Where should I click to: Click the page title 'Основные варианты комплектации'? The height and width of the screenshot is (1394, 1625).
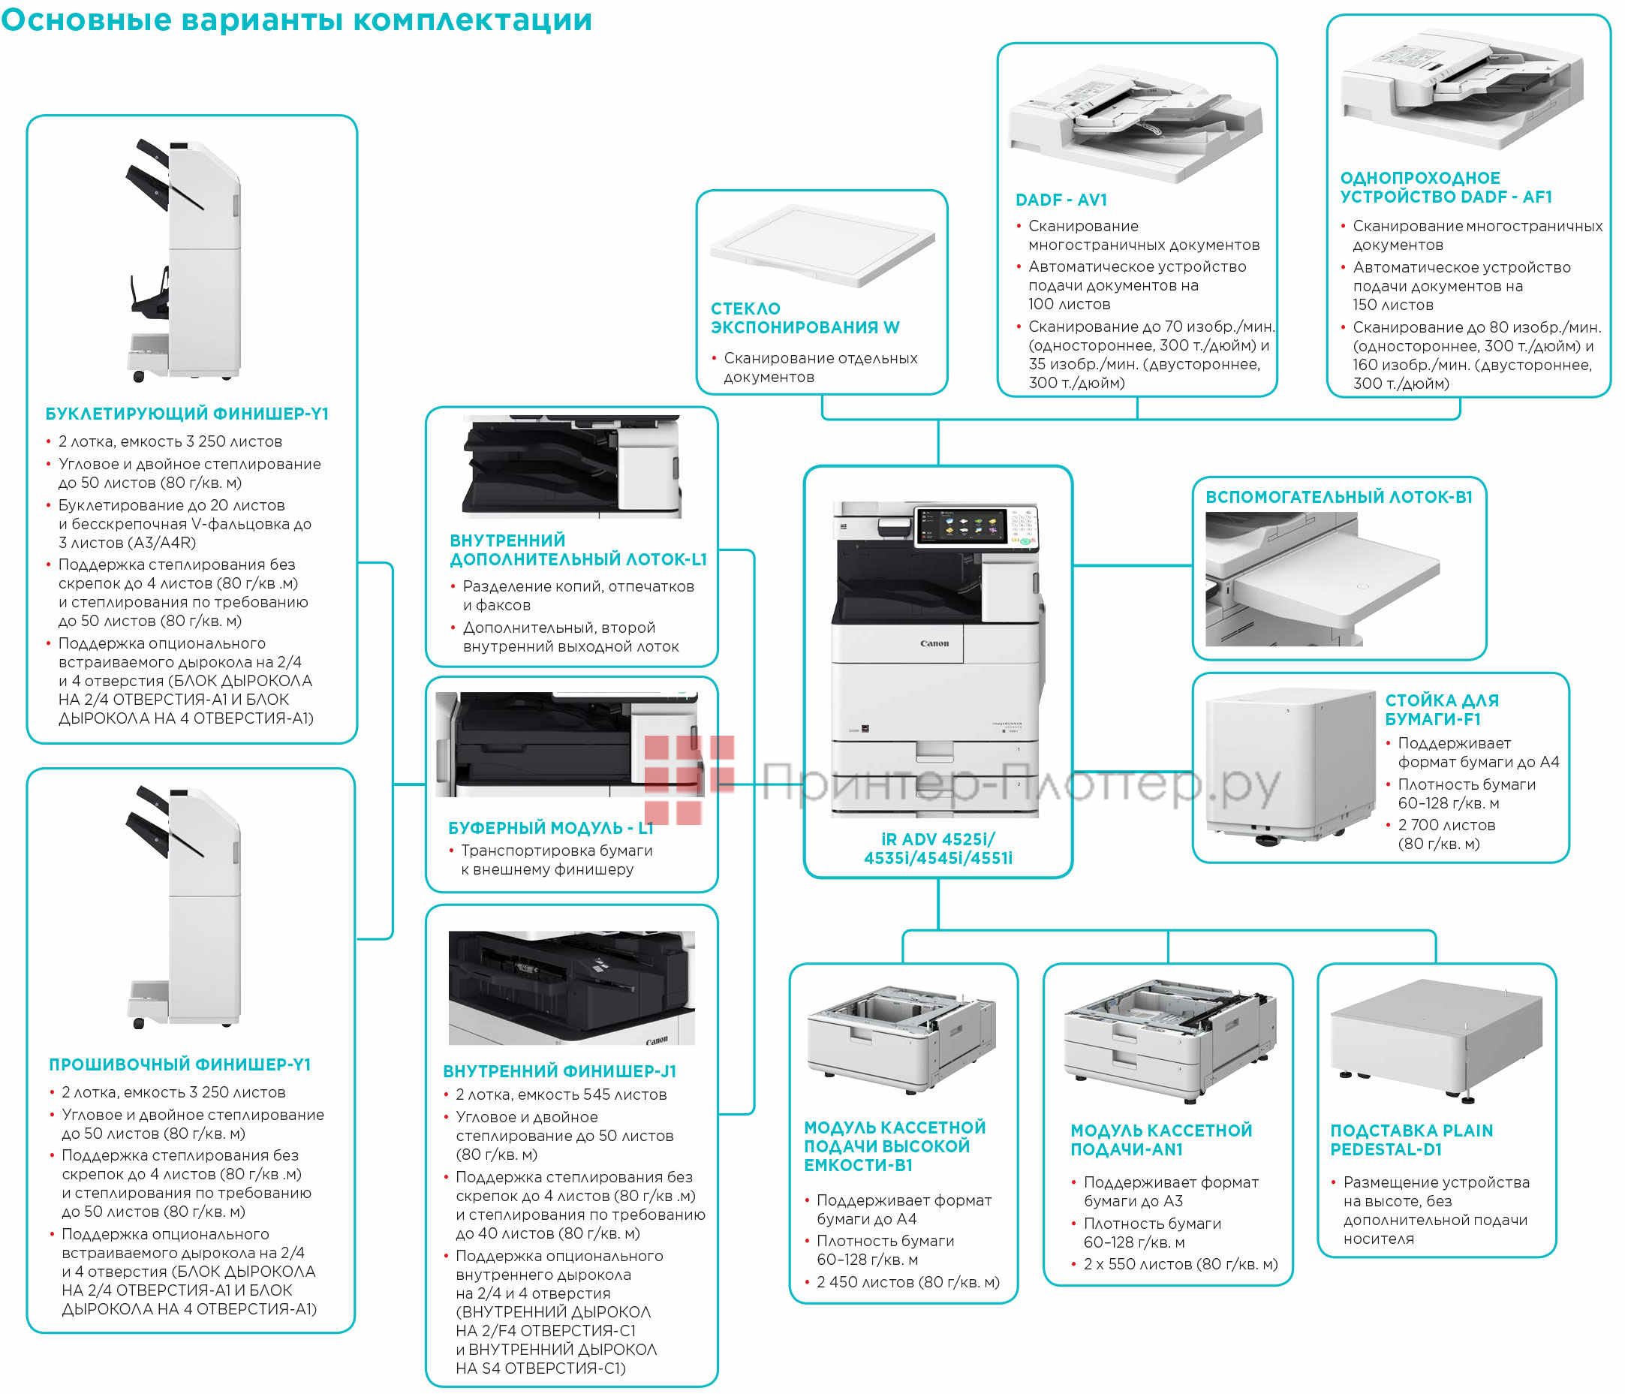296,20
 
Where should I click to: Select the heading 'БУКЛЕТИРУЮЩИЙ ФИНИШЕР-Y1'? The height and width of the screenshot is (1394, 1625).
187,414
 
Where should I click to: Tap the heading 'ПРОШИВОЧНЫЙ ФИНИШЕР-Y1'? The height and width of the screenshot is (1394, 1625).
179,1064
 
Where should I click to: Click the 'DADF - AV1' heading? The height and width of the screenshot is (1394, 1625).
1061,200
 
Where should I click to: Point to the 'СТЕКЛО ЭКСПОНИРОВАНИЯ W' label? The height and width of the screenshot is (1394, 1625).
804,318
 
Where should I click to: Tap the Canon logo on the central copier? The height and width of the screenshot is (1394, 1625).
933,643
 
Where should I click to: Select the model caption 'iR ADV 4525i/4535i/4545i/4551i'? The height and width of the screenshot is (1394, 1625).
937,848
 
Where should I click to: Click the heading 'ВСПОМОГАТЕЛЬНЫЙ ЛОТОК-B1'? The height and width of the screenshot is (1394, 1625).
1338,496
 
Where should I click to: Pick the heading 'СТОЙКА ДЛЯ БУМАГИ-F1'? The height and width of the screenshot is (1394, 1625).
1440,709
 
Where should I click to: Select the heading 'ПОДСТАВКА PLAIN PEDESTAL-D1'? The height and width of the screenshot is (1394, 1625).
1410,1139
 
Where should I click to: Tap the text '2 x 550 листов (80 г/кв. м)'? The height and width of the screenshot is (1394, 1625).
1180,1264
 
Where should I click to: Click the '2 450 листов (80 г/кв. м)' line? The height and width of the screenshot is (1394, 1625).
907,1282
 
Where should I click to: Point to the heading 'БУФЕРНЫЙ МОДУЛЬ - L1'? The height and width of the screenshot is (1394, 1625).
549,827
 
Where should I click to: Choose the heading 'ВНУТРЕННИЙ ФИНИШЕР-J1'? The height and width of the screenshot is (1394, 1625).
558,1070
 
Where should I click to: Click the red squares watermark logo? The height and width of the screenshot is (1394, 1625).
688,779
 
